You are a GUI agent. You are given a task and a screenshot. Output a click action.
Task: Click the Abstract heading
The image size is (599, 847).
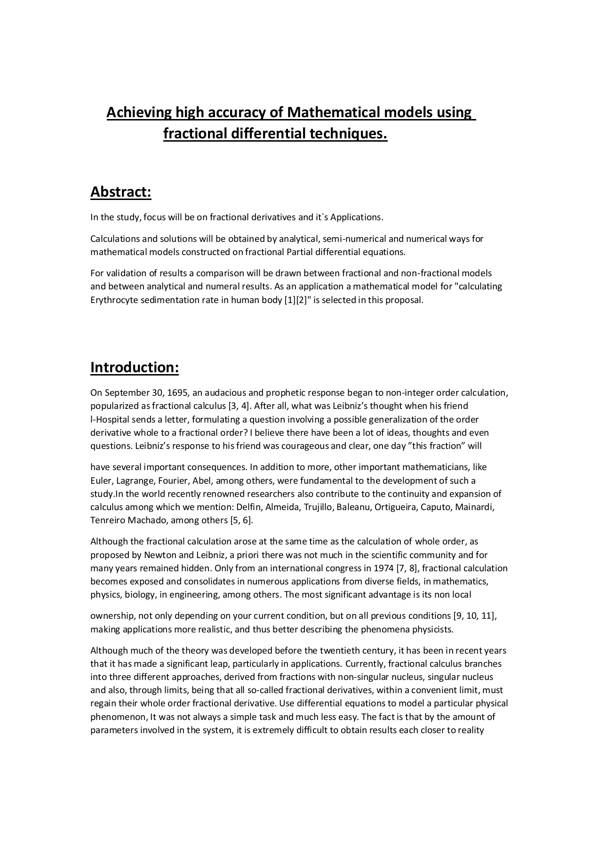click(x=120, y=192)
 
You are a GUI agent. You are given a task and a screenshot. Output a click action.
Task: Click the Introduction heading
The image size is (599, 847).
click(x=135, y=367)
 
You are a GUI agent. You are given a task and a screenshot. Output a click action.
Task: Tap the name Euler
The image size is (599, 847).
click(x=99, y=480)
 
